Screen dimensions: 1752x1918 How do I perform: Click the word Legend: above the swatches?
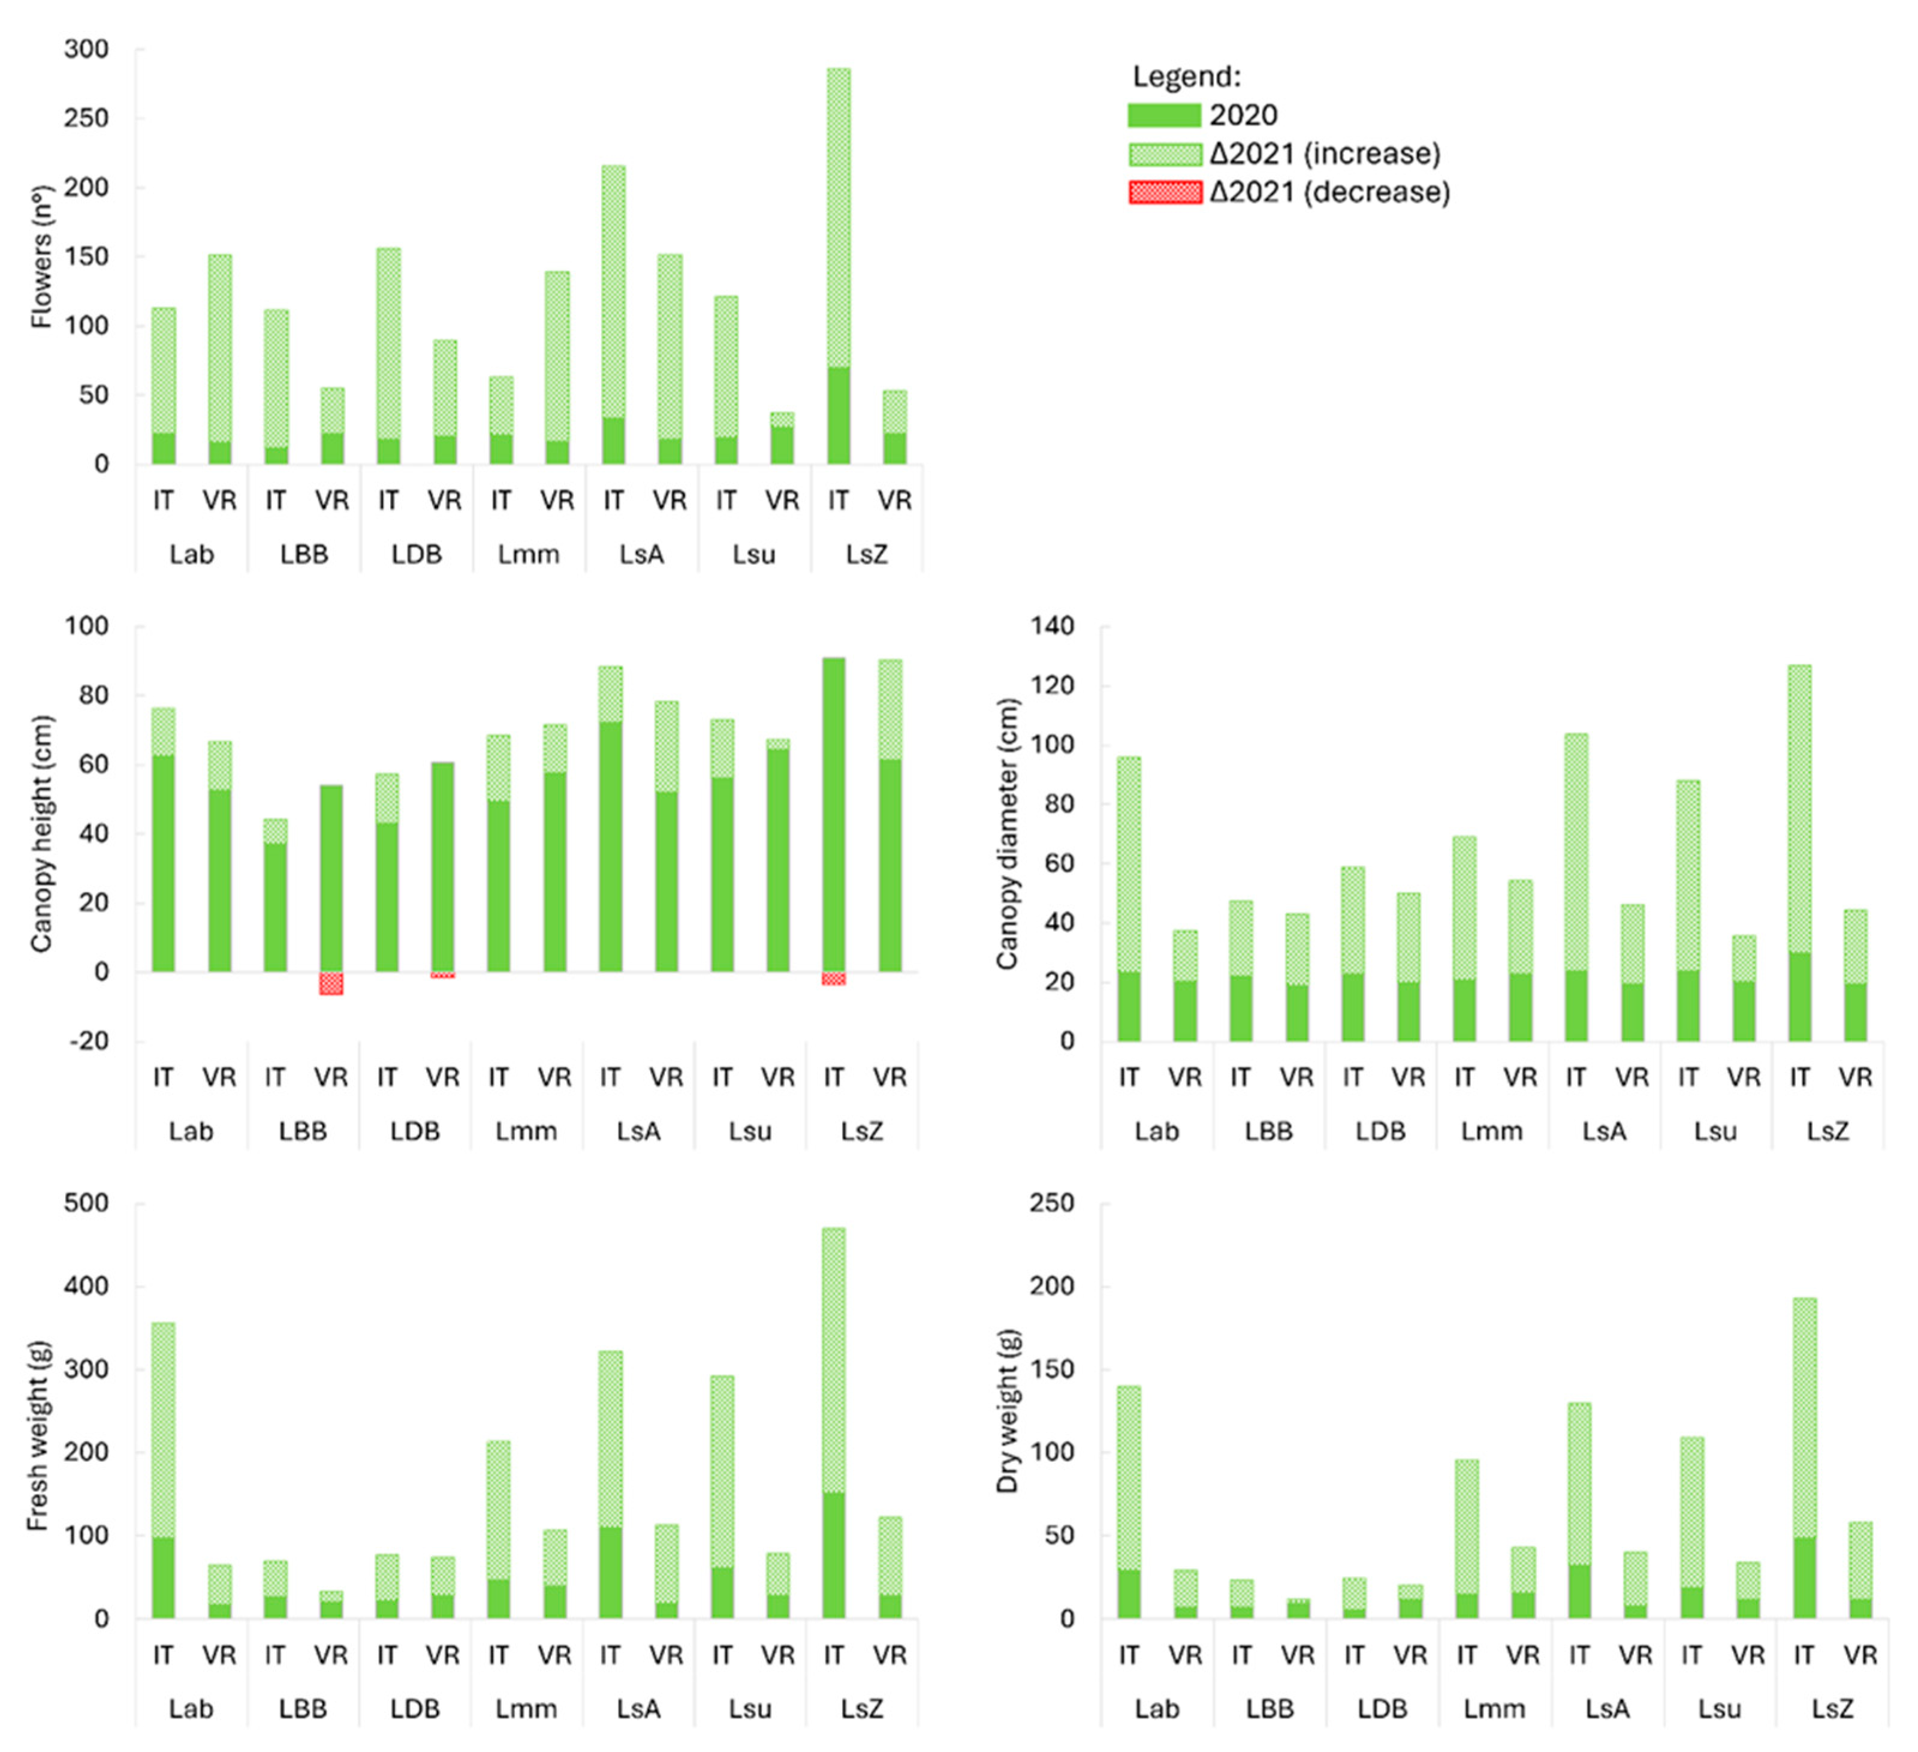coord(1186,76)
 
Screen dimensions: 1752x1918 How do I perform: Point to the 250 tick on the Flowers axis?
coord(86,119)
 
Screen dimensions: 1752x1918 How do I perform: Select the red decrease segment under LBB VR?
coord(331,983)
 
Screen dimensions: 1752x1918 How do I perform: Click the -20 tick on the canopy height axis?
coord(88,1041)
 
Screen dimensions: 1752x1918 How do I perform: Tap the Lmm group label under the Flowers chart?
coord(528,555)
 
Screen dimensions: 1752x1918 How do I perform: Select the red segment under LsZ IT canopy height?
coord(833,979)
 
